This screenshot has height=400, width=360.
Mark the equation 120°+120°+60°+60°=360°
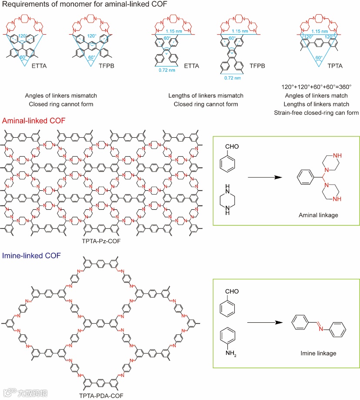click(316, 87)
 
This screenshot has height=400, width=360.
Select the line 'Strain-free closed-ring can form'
click(316, 113)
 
